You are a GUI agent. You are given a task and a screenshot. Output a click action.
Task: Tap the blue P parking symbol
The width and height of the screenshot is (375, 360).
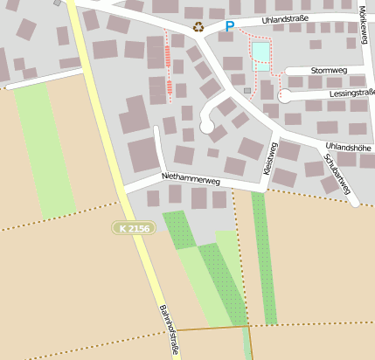pos(230,27)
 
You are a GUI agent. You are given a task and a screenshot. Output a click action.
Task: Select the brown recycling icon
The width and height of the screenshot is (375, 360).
pos(198,27)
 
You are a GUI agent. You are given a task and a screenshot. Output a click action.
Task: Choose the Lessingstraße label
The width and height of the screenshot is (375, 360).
pos(352,92)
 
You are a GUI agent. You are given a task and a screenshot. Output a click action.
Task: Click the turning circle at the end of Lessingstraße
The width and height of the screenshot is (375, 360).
pos(285,95)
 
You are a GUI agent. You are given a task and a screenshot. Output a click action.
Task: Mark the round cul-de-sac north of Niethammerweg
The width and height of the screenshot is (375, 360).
pos(207,127)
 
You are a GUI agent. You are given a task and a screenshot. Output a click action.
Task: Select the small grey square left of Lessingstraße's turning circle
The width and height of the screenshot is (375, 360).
pos(247,90)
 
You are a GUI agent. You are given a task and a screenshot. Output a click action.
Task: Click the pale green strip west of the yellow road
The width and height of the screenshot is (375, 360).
pos(44,149)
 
